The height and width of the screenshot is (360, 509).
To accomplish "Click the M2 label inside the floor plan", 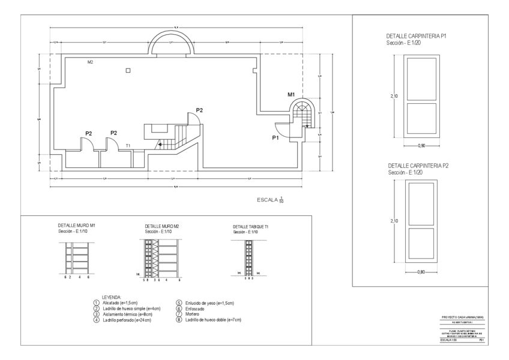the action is (91, 62).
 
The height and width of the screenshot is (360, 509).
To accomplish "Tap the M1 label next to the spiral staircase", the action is (291, 95).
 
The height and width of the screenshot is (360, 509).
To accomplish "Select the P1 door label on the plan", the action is (276, 138).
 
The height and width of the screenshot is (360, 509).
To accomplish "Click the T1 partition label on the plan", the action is (128, 146).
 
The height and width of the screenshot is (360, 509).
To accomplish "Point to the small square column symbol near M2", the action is (128, 70).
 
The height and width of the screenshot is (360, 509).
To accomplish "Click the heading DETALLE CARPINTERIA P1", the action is (416, 37).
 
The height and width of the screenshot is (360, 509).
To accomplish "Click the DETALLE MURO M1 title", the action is (76, 226).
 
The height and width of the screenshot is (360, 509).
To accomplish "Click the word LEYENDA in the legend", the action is (112, 297).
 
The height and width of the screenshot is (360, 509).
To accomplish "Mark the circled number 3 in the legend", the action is (97, 314).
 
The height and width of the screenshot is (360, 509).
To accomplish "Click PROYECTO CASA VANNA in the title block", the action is (462, 316).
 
